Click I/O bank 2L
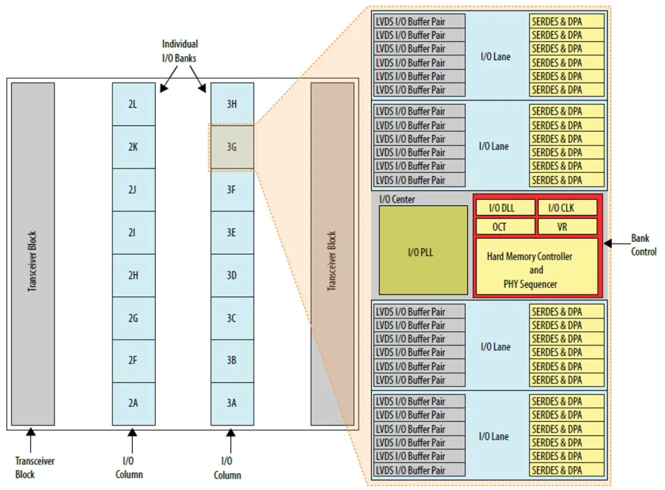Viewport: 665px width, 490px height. click(133, 104)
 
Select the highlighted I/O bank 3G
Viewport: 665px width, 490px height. click(232, 147)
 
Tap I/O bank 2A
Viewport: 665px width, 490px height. click(133, 403)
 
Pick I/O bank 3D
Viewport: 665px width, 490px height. click(232, 275)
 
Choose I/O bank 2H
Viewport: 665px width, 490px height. click(133, 275)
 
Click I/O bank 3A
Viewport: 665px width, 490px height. click(232, 403)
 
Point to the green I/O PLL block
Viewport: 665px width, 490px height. click(422, 251)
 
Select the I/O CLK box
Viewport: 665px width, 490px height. click(567, 207)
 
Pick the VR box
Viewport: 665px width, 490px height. click(567, 227)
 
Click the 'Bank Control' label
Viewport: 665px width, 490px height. click(643, 245)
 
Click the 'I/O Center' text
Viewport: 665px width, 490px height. click(397, 199)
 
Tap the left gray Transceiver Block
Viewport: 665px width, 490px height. click(33, 253)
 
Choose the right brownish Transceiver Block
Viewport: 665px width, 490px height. click(332, 253)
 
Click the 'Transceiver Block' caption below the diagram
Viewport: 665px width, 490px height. click(34, 468)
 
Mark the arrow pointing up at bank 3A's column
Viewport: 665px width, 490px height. click(232, 439)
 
